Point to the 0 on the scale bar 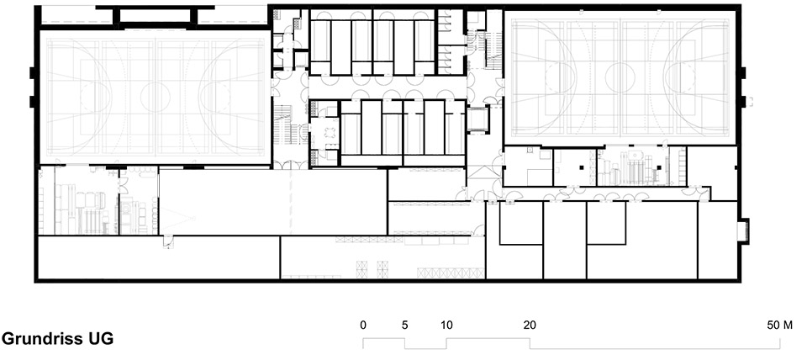pos(363,325)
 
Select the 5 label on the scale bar pos(404,325)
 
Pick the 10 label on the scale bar pos(446,325)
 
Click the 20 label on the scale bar pos(529,325)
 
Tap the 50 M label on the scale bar pos(779,325)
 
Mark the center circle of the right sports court pos(621,77)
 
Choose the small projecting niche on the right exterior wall pos(742,230)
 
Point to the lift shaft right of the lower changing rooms pos(477,119)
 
